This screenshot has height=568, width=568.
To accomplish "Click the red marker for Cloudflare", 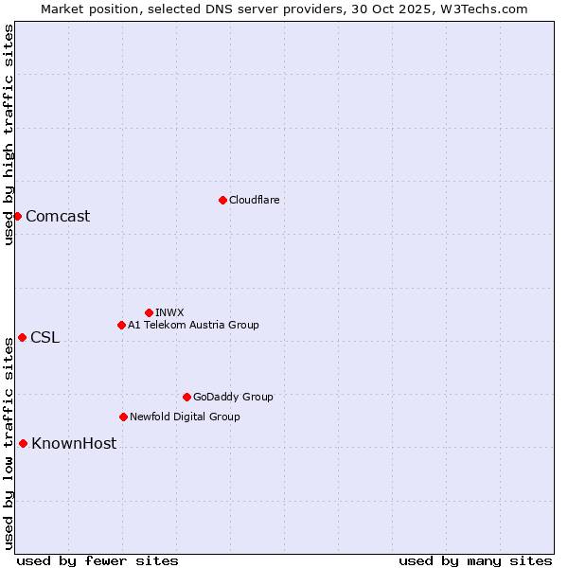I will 222,200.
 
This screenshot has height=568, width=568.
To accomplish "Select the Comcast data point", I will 17,216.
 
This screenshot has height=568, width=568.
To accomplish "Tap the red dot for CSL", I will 22,337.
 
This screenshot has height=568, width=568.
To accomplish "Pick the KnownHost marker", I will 23,443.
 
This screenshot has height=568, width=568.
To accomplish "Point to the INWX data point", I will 149,312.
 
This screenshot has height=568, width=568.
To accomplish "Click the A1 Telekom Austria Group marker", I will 121,325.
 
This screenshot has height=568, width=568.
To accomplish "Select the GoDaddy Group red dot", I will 186,397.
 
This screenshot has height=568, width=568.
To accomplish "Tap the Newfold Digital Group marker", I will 123,417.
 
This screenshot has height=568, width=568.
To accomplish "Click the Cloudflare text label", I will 255,200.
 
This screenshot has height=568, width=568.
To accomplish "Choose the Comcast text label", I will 58,216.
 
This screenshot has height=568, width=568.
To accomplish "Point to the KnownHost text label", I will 74,443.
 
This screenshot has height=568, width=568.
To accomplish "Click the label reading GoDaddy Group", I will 233,397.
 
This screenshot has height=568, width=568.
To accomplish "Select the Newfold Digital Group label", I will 185,417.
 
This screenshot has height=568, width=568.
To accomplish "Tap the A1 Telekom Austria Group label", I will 193,325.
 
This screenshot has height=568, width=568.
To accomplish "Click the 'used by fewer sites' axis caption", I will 98,560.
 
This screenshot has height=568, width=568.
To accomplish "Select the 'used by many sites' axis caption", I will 475,560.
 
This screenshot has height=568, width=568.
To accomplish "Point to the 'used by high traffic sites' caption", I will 9,134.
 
